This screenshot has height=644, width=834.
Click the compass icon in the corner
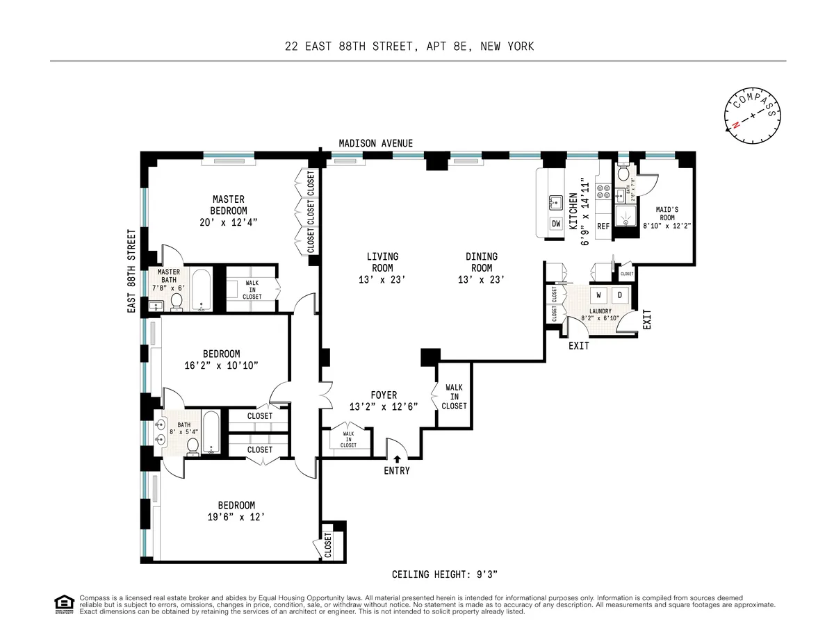click(x=753, y=115)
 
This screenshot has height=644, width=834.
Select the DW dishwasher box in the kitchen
click(x=556, y=224)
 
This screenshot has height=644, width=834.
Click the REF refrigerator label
click(x=603, y=226)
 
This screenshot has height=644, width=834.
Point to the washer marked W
click(x=598, y=295)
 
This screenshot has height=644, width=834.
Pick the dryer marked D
click(x=621, y=295)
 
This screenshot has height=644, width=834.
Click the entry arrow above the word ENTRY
click(x=397, y=458)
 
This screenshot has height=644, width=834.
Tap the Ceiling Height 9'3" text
click(x=445, y=575)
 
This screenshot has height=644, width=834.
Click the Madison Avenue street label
click(x=375, y=143)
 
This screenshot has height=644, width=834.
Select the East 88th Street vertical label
click(x=131, y=271)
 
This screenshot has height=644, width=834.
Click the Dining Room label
click(x=482, y=263)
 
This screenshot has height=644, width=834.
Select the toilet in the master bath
click(x=177, y=301)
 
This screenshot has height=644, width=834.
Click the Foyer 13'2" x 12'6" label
click(x=383, y=401)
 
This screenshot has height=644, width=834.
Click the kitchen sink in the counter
click(x=555, y=202)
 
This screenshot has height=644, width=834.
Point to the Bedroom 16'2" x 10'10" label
click(x=221, y=359)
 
